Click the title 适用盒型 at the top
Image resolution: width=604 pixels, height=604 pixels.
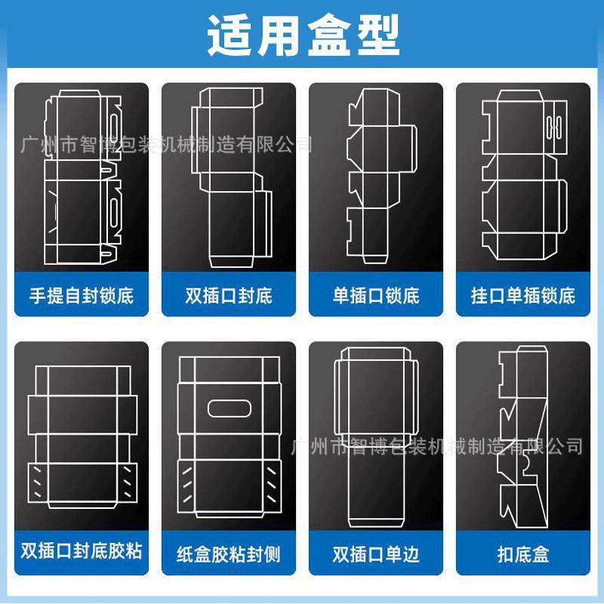(303, 35)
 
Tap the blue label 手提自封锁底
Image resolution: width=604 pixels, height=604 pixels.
(82, 294)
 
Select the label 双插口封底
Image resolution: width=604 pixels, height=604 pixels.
(229, 294)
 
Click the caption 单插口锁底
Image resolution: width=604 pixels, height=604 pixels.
(376, 294)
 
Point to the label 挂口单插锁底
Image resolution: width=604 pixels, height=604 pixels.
(523, 294)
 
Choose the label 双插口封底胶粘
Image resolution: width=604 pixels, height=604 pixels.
(82, 553)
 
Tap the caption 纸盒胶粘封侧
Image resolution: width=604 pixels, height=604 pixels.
(229, 553)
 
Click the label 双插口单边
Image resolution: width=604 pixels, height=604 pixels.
(376, 553)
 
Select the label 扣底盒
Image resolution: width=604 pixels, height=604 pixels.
(523, 553)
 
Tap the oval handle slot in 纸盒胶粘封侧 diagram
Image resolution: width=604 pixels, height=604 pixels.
(229, 408)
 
